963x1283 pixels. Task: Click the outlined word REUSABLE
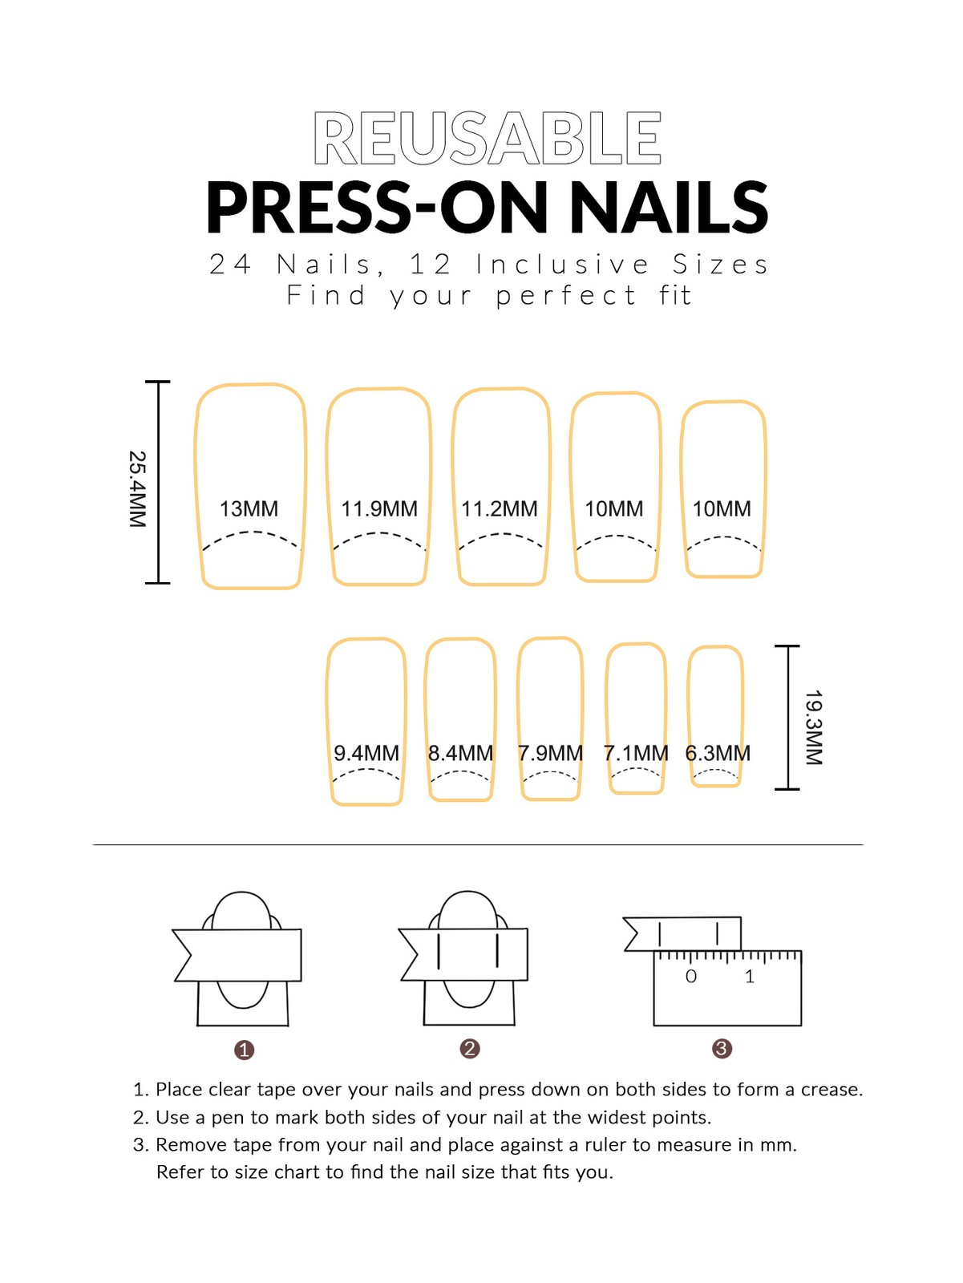(x=488, y=138)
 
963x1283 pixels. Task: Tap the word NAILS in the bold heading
(x=668, y=208)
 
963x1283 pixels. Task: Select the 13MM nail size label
(x=249, y=509)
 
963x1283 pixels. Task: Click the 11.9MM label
(x=379, y=509)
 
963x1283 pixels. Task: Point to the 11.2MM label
(x=500, y=509)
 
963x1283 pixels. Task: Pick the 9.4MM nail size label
(x=366, y=754)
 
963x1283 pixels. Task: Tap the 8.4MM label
(x=460, y=754)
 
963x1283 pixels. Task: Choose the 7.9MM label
(x=550, y=754)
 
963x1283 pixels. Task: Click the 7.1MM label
(x=636, y=754)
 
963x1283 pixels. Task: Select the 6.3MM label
(x=718, y=754)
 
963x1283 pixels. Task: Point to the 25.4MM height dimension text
(x=138, y=489)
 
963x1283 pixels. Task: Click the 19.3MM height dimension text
(x=814, y=728)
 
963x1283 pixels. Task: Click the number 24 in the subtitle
(x=230, y=264)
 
